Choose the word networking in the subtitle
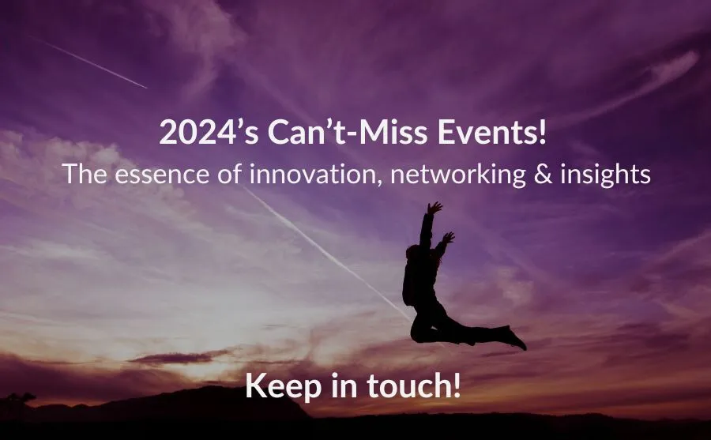click(x=458, y=175)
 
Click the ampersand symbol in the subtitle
click(x=544, y=175)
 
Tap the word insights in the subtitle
click(x=605, y=175)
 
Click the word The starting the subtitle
click(x=85, y=174)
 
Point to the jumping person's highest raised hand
click(x=434, y=208)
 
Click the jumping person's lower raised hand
click(x=448, y=238)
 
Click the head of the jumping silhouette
click(x=413, y=253)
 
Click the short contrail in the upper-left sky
click(x=90, y=62)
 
